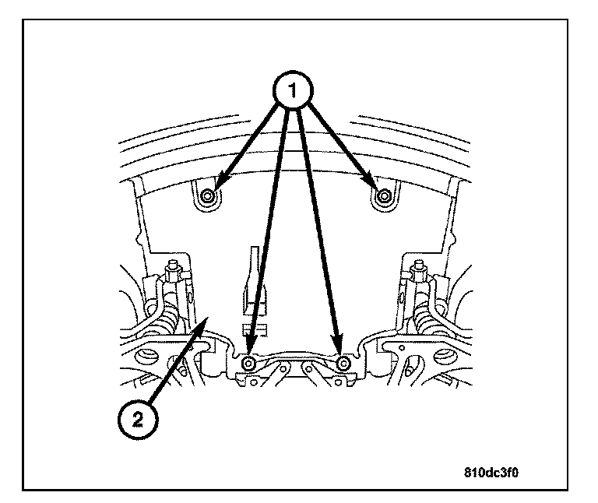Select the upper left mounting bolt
(206, 197)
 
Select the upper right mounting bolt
(382, 197)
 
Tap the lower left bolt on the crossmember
(248, 364)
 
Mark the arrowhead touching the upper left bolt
(216, 188)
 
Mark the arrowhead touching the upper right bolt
(372, 188)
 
